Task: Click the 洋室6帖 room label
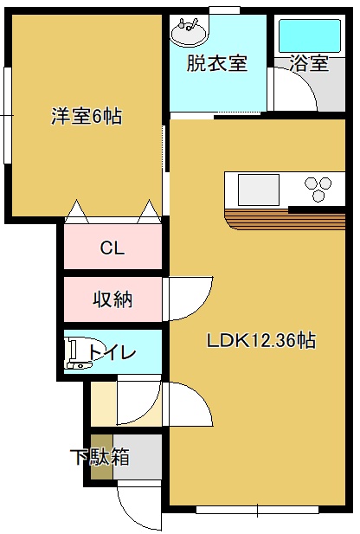coord(87,116)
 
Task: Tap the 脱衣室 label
coord(217,63)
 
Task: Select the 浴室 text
coord(309,63)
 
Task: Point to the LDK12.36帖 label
coord(261,340)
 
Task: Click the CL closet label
coord(112,248)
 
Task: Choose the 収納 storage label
coord(112,299)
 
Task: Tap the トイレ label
coord(112,352)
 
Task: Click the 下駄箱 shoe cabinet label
coord(100,457)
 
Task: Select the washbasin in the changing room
coord(189,31)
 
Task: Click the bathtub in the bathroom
coord(310,35)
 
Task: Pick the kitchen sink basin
coord(259,190)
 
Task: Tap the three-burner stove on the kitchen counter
coord(318,189)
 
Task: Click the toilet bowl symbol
coord(80,353)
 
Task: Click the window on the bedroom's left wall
coord(8,116)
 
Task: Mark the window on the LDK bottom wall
coord(258,510)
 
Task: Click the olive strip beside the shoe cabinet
coord(102,457)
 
